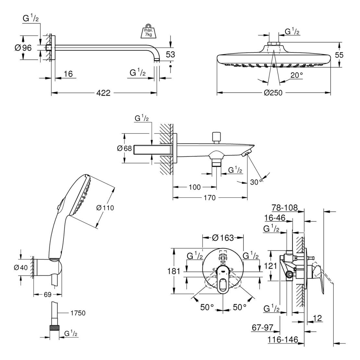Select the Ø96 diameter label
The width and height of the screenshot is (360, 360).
coord(23,48)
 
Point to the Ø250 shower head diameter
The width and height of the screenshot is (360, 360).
coord(273,93)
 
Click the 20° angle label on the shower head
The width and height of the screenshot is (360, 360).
coord(296,75)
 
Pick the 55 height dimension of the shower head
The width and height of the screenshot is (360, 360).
coord(339,55)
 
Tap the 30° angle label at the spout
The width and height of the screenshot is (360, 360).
coord(256,182)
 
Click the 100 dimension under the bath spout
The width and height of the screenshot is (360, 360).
coord(195,187)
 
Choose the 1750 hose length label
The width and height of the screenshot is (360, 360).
coord(78,313)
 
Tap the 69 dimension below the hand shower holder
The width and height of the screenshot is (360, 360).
coord(47,295)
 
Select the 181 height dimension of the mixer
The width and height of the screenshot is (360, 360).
coord(174,271)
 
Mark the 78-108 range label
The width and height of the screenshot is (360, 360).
coord(284,208)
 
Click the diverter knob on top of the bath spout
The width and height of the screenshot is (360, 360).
coord(216,136)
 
